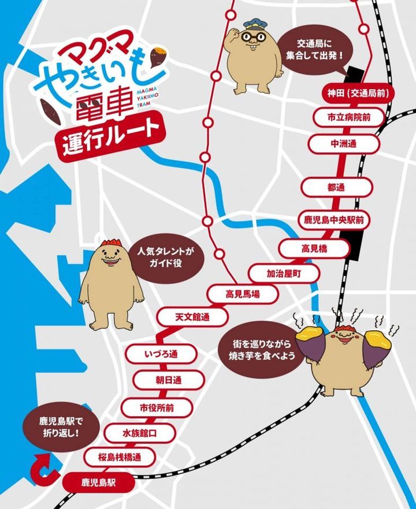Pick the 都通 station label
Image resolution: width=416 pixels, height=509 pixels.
pos(335,187)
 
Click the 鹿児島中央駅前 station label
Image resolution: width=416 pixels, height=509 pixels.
pos(338,220)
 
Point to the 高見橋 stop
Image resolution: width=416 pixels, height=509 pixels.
pos(314,248)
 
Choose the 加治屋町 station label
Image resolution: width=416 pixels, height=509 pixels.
pos(284,272)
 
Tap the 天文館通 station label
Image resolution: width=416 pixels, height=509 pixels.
pos(192,316)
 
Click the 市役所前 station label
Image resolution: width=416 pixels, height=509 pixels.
pos(157,407)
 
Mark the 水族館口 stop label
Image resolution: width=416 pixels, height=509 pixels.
pos(140,432)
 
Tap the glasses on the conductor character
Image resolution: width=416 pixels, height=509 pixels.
pos(255,37)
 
